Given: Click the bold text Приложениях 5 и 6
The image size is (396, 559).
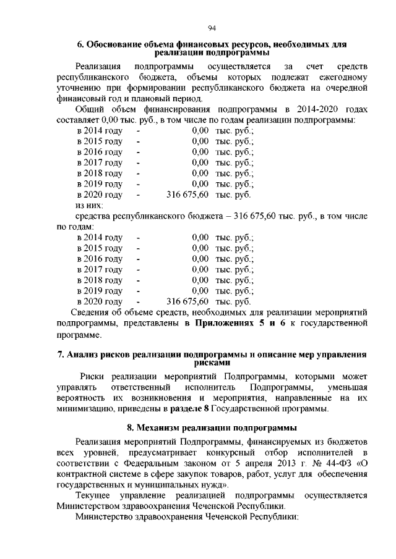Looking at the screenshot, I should point(241,323).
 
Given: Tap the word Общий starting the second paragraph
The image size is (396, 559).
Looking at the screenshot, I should point(89,109).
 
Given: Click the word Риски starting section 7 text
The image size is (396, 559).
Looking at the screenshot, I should point(93,377).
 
